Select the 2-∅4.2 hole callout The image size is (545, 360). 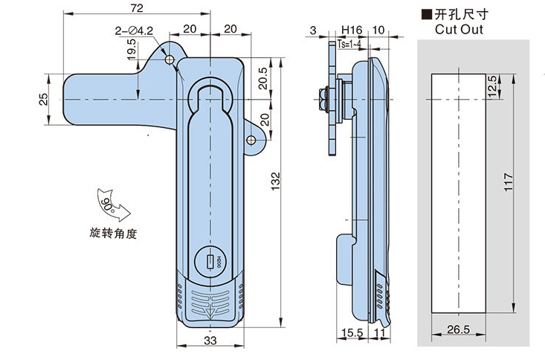135,30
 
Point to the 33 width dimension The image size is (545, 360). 210,340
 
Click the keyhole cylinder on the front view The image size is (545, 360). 212,261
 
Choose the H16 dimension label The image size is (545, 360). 351,30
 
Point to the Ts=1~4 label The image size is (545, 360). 350,45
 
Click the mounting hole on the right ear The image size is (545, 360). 252,139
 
